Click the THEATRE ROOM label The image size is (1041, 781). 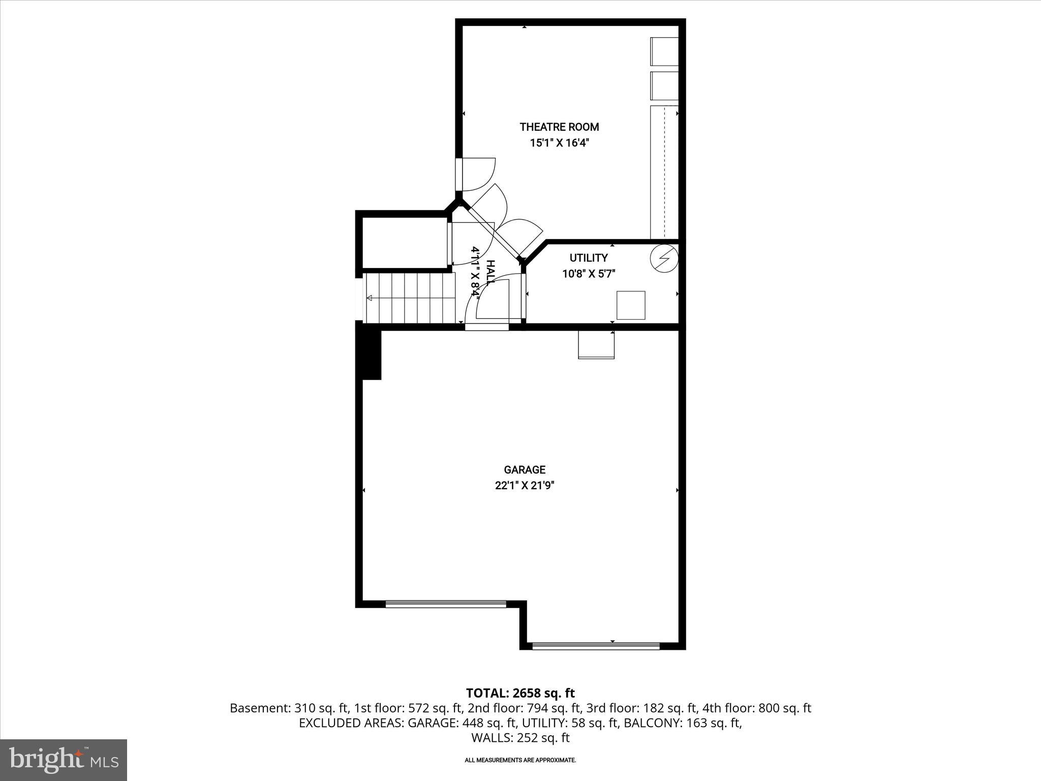coord(559,127)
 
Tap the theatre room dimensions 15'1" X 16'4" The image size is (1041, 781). coord(559,143)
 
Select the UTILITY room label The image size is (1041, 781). coord(588,258)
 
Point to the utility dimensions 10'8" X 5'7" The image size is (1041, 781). coord(589,274)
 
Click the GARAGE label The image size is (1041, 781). coord(525,470)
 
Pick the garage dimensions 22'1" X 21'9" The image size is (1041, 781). coord(525,486)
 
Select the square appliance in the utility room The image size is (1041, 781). coord(631,305)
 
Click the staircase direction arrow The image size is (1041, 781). coord(370,298)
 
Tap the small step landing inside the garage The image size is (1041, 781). coord(596,345)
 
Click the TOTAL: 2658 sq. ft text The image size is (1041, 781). coord(520,693)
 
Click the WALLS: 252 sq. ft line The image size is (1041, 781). coord(520,738)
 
